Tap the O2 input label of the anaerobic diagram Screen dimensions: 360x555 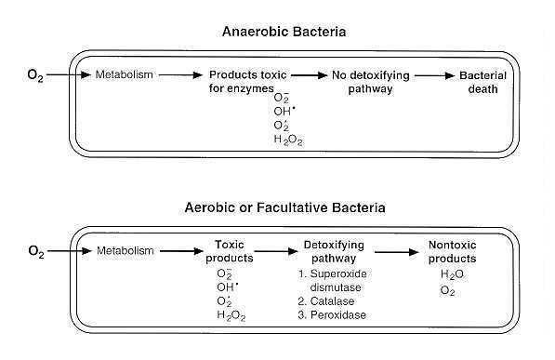pyautogui.click(x=34, y=73)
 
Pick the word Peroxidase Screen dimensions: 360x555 pyautogui.click(x=338, y=315)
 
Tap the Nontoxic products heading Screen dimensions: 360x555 pyautogui.click(x=452, y=251)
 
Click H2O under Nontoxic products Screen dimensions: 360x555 pyautogui.click(x=452, y=274)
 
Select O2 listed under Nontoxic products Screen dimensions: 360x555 pyautogui.click(x=448, y=290)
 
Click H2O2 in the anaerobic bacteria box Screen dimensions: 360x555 pyautogui.click(x=288, y=140)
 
